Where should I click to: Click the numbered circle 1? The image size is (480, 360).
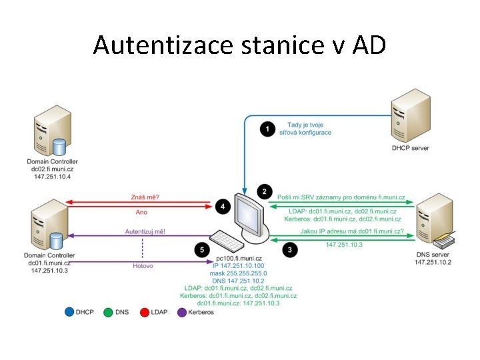(x=268, y=129)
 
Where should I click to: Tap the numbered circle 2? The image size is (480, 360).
(x=265, y=192)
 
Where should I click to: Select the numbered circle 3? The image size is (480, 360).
(x=290, y=250)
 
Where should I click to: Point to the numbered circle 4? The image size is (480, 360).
(x=223, y=207)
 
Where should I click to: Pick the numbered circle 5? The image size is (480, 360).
(x=203, y=250)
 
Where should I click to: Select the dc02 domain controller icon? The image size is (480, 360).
(x=52, y=133)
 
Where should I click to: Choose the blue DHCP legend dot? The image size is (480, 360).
(x=69, y=311)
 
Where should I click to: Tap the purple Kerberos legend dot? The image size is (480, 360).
(x=182, y=311)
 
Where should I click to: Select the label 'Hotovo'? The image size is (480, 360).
(x=143, y=265)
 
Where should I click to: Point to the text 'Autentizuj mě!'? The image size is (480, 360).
(x=145, y=231)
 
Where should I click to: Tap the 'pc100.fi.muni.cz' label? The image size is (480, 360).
(x=238, y=258)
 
